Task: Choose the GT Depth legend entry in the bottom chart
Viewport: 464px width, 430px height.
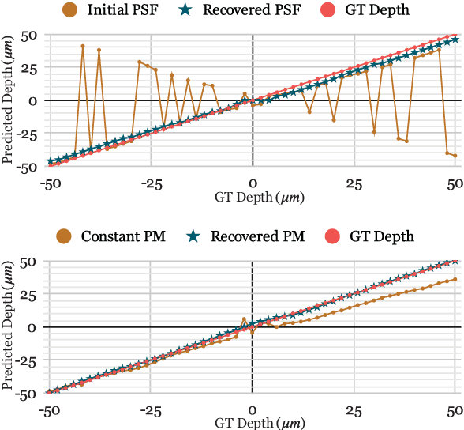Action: tap(381, 236)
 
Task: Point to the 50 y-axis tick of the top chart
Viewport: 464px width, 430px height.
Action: tap(29, 35)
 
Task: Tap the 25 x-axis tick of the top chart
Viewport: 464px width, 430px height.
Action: tap(354, 183)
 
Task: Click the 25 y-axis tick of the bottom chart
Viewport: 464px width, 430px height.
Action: tap(29, 294)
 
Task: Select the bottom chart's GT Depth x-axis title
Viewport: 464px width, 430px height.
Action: tap(253, 423)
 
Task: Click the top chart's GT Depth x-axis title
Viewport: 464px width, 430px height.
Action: tap(253, 196)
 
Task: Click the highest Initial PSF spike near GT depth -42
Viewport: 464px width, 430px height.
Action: tap(83, 46)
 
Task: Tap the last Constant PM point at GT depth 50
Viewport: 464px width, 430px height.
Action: tap(455, 279)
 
